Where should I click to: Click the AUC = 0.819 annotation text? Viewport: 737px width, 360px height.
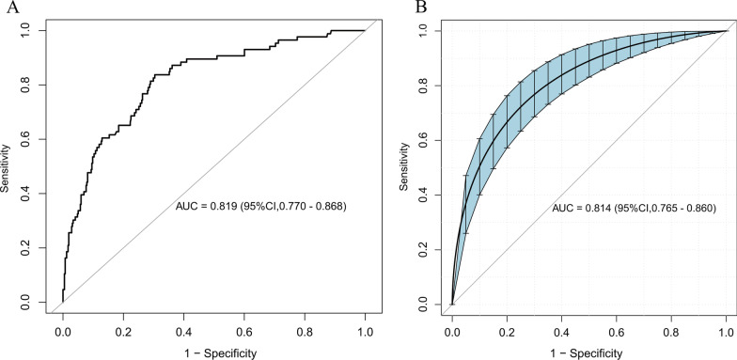pyautogui.click(x=261, y=206)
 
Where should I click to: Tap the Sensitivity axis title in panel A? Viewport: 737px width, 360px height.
pyautogui.click(x=9, y=166)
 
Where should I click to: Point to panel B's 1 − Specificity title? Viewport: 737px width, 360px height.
pyautogui.click(x=589, y=352)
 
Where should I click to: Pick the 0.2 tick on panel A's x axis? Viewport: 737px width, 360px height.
pyautogui.click(x=123, y=331)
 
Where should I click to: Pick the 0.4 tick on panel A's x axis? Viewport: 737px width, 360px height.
pyautogui.click(x=183, y=331)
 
